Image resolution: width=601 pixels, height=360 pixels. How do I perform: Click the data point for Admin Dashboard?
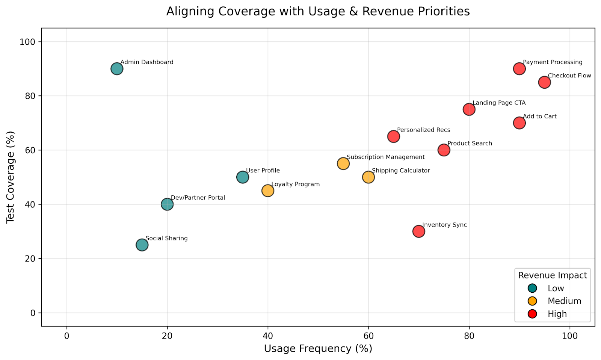click(x=117, y=69)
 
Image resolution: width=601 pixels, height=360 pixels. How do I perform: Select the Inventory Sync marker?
click(x=419, y=231)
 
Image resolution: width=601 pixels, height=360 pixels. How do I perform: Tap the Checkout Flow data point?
click(x=545, y=82)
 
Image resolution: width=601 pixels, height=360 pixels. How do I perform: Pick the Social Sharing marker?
click(x=142, y=245)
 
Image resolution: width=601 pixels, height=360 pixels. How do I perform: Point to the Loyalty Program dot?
click(x=268, y=191)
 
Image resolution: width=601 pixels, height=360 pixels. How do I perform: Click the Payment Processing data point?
click(x=519, y=69)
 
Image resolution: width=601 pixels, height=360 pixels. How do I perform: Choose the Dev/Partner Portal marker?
click(x=167, y=204)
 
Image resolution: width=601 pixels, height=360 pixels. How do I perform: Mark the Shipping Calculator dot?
click(x=368, y=177)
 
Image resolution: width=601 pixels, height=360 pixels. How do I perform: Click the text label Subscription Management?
click(x=386, y=157)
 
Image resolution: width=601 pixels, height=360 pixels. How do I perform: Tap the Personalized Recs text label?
click(x=423, y=130)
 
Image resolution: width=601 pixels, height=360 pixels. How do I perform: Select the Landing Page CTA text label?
click(x=499, y=103)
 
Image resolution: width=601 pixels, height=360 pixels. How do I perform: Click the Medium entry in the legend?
click(x=564, y=301)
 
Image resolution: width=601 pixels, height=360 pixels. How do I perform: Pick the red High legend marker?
click(x=532, y=314)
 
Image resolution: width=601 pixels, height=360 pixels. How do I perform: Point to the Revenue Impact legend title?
click(x=553, y=275)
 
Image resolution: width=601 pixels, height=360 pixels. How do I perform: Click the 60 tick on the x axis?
click(x=368, y=335)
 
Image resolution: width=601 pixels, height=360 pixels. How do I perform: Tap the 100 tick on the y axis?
click(x=30, y=42)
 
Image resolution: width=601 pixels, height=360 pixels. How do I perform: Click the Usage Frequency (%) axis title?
click(x=318, y=349)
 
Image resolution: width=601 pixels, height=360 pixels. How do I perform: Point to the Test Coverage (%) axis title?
click(x=11, y=177)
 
